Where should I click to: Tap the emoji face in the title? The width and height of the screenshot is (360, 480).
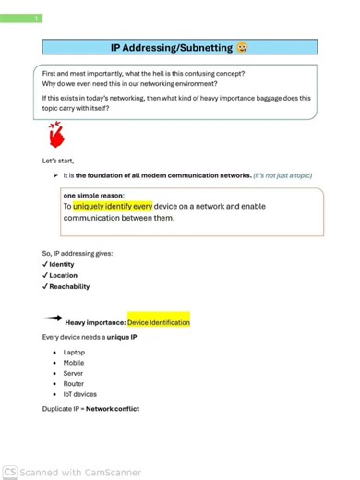pos(242,48)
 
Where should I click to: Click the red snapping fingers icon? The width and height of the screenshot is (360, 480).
pos(57,136)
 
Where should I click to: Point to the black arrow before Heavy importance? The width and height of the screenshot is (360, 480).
pos(54,318)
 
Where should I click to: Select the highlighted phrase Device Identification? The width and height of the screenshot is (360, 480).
pos(159,323)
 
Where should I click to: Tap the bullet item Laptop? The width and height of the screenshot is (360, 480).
pos(74,353)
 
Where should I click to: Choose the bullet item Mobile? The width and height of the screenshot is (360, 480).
pos(74,363)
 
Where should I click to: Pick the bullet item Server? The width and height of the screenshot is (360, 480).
pos(73,373)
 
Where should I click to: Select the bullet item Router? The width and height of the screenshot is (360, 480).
pos(74,383)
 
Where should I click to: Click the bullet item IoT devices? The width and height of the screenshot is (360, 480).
pos(80,394)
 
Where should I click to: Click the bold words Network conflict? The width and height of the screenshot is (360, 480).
pos(113,409)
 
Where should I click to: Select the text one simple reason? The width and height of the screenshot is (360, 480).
pos(91,196)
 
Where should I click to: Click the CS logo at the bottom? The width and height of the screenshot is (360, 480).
pos(9,472)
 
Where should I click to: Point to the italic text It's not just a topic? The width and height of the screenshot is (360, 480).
pos(283,174)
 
